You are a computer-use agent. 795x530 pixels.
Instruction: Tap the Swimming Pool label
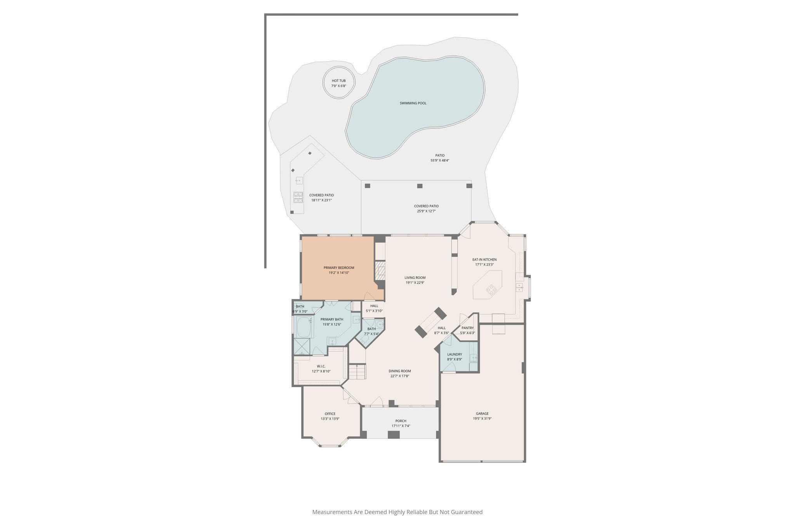[413, 103]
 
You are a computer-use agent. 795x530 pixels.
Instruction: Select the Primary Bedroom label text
[338, 268]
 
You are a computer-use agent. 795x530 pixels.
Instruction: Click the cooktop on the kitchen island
[491, 289]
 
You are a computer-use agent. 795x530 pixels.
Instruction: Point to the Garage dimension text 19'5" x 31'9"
[482, 419]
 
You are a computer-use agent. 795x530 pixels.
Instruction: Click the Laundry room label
[454, 354]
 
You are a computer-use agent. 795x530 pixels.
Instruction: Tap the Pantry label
[467, 328]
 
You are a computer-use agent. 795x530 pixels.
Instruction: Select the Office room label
[330, 414]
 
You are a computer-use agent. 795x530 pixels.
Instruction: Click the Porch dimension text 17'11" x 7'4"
[401, 426]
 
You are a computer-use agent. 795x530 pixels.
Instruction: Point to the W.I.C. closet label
[321, 366]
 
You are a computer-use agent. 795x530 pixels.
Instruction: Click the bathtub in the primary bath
[304, 327]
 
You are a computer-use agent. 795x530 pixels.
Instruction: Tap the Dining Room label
[399, 371]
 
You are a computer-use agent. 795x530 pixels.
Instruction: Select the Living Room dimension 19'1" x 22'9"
[415, 283]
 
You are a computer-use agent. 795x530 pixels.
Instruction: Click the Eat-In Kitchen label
[484, 260]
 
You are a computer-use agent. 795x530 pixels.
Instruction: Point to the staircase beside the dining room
[357, 372]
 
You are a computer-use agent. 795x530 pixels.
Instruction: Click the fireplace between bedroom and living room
[380, 270]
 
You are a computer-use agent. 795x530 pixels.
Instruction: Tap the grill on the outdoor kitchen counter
[298, 197]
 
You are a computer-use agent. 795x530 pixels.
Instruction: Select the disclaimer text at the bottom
[397, 512]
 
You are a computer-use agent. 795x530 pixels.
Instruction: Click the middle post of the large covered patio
[420, 186]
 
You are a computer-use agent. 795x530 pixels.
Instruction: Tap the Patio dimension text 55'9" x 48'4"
[439, 160]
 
